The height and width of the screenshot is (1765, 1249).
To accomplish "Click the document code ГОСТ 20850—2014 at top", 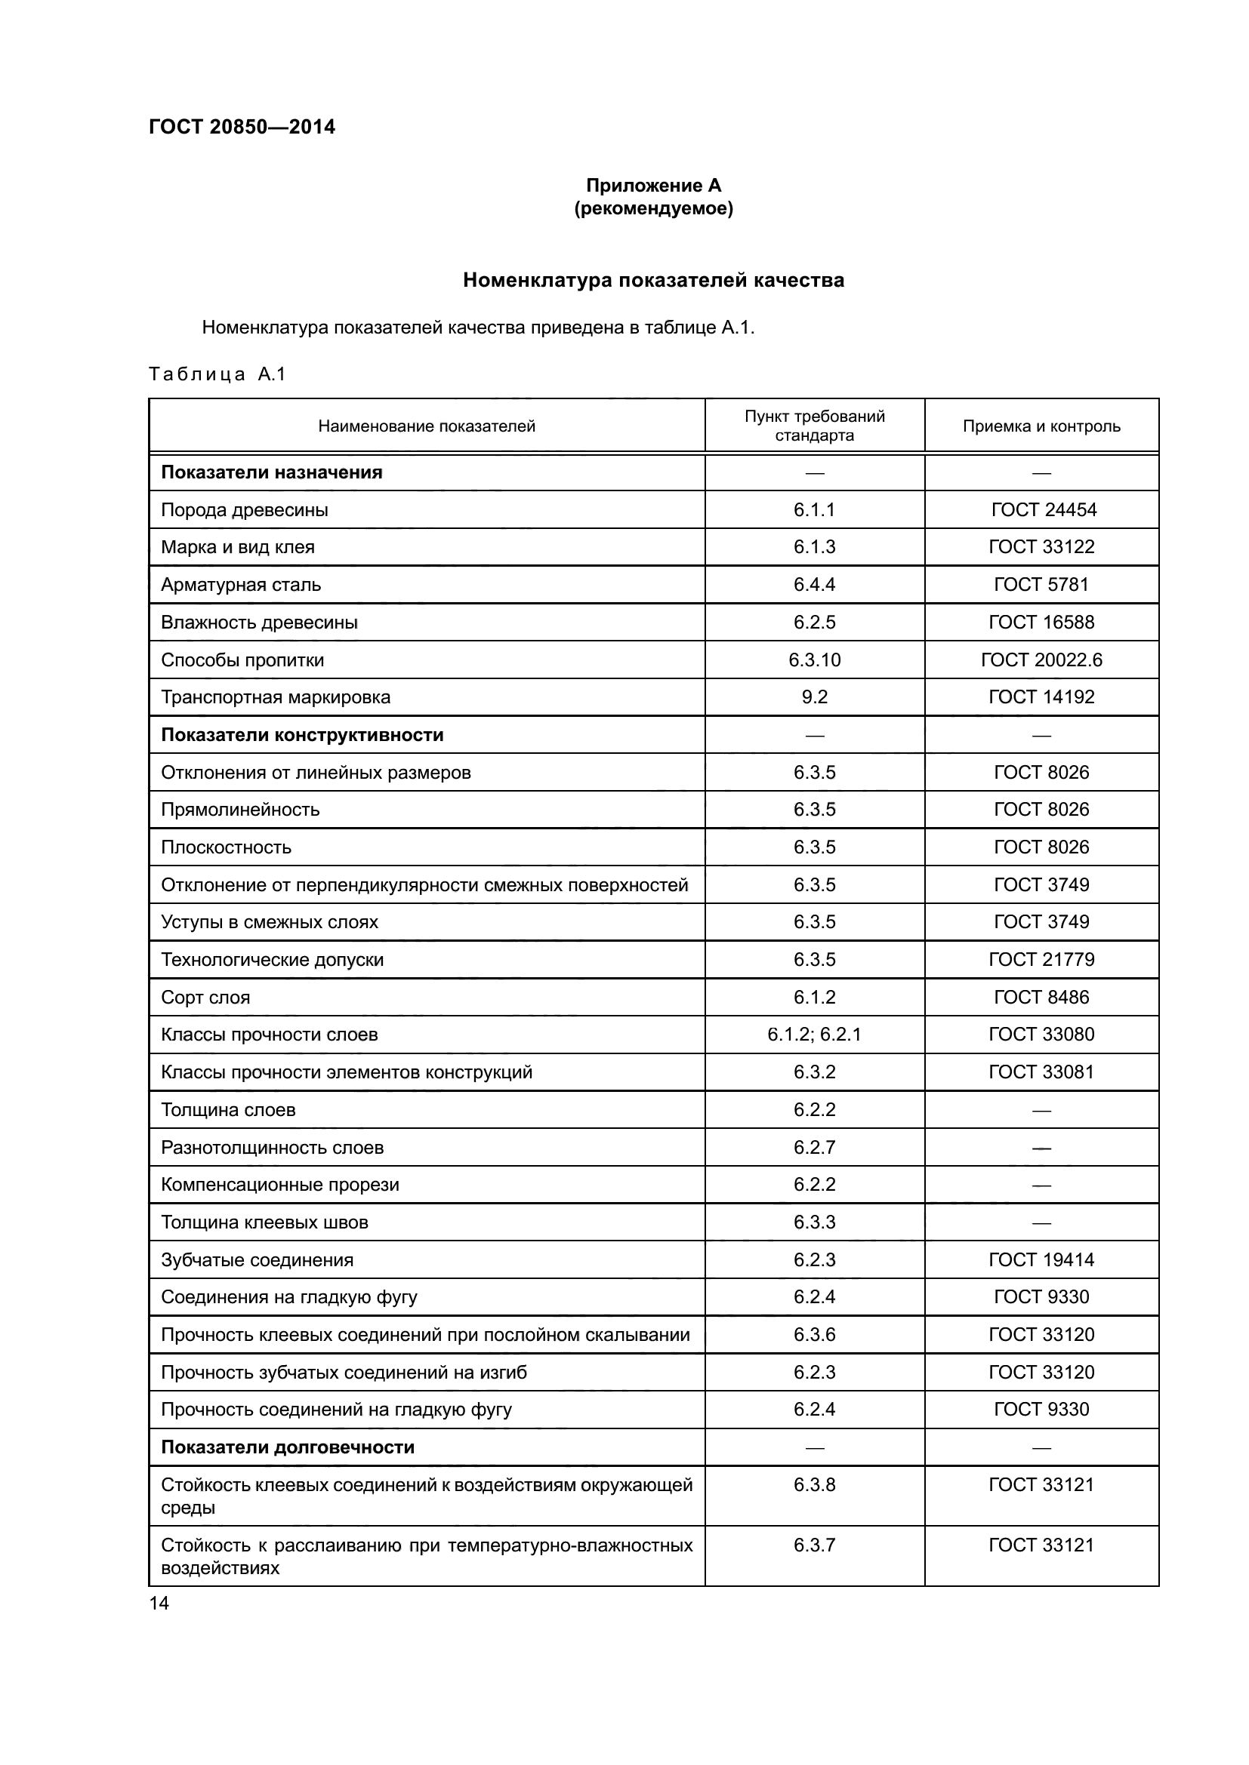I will (242, 127).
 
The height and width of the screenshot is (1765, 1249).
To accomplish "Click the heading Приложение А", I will (653, 186).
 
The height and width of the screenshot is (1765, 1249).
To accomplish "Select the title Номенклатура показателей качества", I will (653, 281).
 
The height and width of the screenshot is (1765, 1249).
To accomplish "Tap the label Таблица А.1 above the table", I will (217, 374).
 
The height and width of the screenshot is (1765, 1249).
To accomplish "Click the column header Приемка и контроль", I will (1041, 426).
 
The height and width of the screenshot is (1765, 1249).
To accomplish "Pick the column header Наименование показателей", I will (426, 426).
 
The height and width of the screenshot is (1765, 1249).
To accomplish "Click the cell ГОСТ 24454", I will (1043, 509).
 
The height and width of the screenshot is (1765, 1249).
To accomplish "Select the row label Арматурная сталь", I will (241, 584).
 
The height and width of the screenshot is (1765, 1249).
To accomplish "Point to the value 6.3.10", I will (814, 660).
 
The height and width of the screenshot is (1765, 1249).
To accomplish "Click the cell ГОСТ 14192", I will (1041, 696).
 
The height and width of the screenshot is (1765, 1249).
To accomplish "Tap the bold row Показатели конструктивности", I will (302, 735).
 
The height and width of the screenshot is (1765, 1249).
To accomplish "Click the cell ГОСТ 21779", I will (1041, 959).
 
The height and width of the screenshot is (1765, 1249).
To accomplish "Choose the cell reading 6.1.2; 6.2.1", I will (814, 1034).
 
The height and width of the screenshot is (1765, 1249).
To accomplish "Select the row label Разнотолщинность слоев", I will (273, 1147).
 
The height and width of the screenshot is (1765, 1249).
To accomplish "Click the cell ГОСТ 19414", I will (1041, 1259).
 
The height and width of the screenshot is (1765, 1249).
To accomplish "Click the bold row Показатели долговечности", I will (288, 1447).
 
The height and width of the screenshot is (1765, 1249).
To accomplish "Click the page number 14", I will (159, 1603).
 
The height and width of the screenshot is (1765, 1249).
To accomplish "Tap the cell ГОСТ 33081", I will (1041, 1072).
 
